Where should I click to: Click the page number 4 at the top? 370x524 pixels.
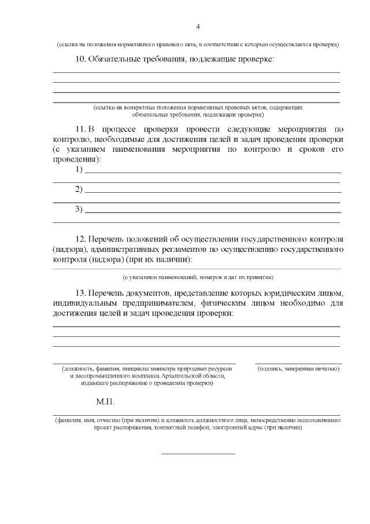(x=198, y=27)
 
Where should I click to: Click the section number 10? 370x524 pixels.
(x=81, y=60)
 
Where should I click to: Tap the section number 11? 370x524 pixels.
(x=81, y=129)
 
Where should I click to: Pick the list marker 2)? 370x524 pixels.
(x=79, y=189)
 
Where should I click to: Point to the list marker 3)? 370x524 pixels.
(x=79, y=209)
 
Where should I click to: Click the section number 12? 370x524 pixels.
(x=81, y=239)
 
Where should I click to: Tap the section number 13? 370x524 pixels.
(x=81, y=292)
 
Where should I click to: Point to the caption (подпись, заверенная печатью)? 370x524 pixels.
(x=298, y=369)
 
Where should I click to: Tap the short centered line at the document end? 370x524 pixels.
(x=198, y=453)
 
